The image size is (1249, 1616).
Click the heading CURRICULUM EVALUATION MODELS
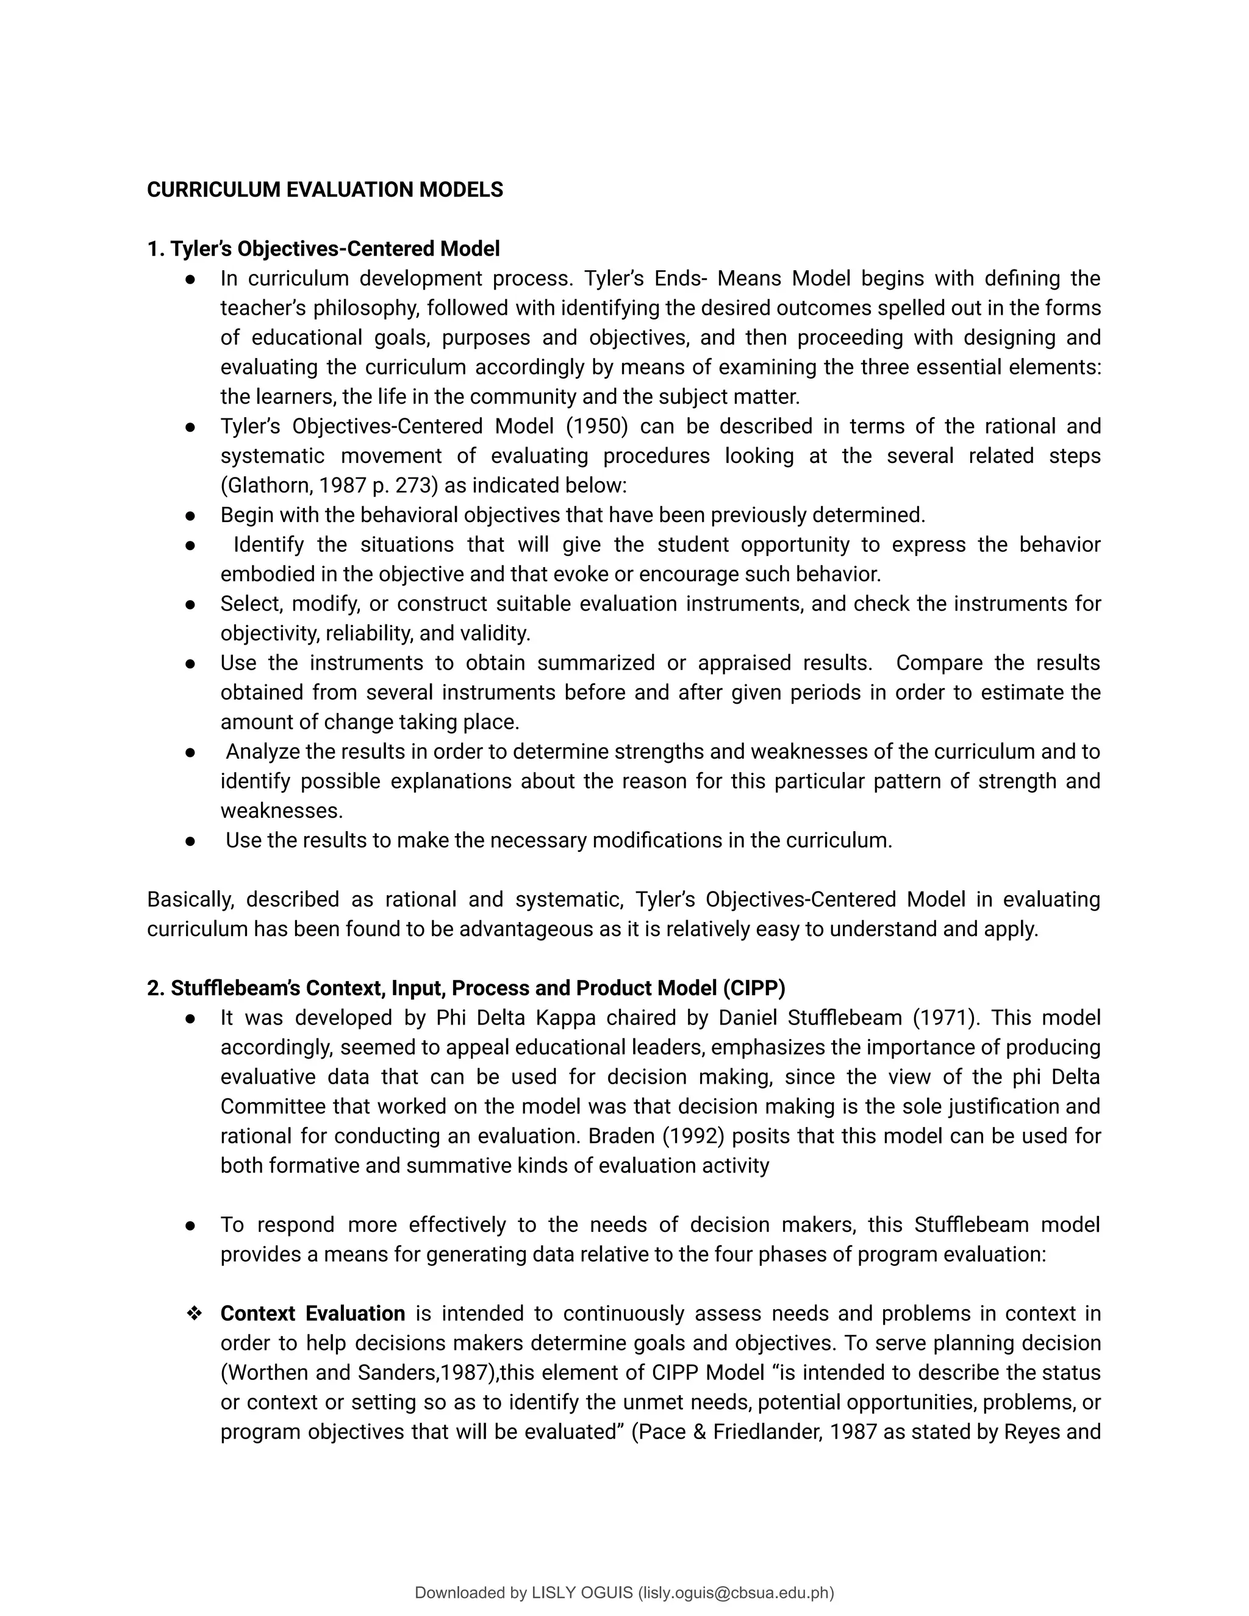click(325, 190)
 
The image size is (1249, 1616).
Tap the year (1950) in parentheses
click(597, 426)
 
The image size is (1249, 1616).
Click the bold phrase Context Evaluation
click(312, 1314)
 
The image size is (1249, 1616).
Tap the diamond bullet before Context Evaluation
click(195, 1314)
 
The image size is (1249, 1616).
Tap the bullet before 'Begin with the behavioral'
click(190, 515)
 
